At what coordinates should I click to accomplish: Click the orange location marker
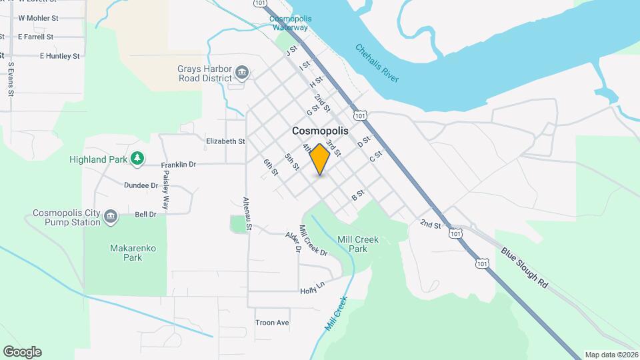tap(320, 159)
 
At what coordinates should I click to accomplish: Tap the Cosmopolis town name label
tap(320, 132)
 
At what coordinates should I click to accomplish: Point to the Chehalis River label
tap(377, 63)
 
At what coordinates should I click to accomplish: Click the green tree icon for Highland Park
tap(137, 159)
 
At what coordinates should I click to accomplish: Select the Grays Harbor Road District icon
tap(242, 72)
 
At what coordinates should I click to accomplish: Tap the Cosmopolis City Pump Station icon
tap(111, 215)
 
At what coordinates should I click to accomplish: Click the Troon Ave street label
tap(272, 323)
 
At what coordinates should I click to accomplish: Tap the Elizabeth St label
tap(225, 141)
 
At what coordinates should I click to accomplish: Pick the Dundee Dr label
tap(141, 185)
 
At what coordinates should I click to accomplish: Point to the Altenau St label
tap(247, 214)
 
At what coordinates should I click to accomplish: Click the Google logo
tap(23, 351)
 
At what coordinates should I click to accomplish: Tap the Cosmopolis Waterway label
tap(289, 23)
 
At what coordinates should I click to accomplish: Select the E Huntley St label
tap(59, 56)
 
